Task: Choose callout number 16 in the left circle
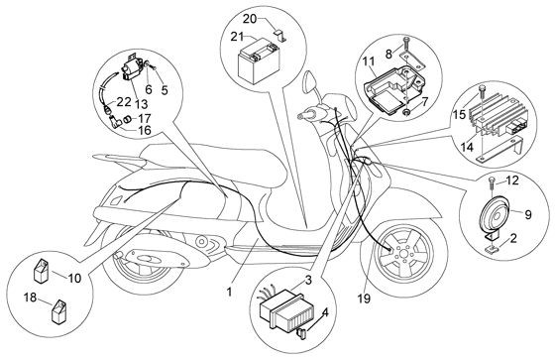145,129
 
